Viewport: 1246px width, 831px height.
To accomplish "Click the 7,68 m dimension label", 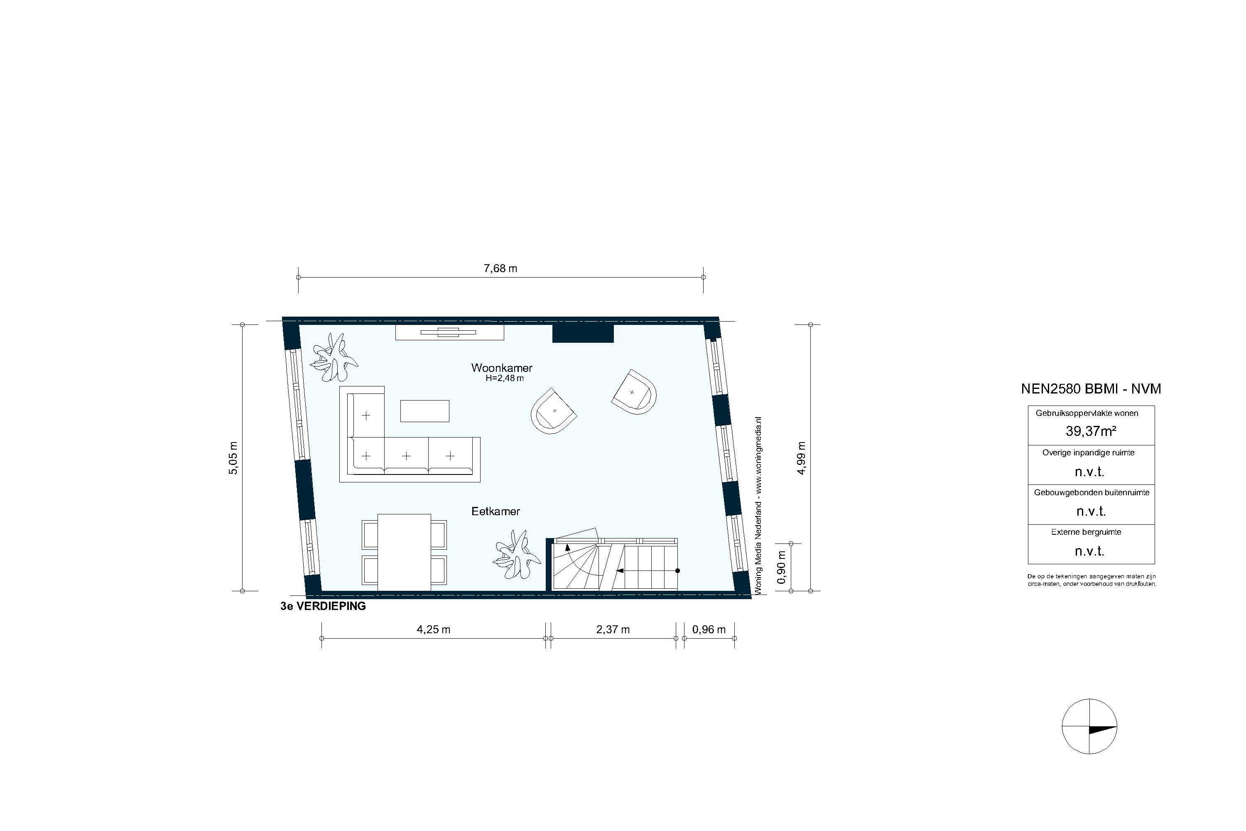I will click(500, 269).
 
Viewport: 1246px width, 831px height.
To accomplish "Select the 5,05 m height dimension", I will click(233, 458).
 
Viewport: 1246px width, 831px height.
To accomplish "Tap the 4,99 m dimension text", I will click(801, 458).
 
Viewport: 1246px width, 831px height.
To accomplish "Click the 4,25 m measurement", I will click(433, 629).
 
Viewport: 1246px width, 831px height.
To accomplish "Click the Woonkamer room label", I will click(501, 368).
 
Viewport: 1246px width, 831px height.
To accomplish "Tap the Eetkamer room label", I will click(495, 511).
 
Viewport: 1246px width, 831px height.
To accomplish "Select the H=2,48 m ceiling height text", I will click(504, 379).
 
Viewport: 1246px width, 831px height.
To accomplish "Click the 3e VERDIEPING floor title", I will click(323, 606).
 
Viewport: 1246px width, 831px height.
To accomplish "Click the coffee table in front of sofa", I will click(424, 411).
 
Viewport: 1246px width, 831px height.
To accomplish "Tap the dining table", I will click(404, 552).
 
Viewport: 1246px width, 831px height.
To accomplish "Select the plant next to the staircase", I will click(511, 555).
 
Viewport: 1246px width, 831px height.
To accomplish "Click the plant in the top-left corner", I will click(334, 357).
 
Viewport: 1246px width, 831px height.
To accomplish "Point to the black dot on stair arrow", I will click(677, 571).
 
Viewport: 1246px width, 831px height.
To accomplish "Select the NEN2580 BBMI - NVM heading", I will click(1090, 389).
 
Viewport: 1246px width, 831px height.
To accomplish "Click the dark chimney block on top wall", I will click(583, 334).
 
